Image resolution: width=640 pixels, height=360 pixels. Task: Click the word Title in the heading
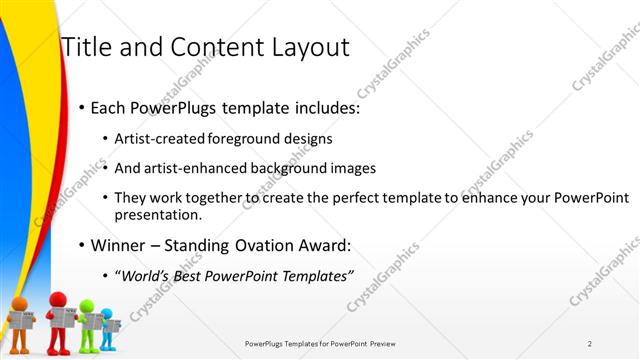tap(85, 47)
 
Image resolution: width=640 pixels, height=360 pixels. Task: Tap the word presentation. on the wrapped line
tap(158, 214)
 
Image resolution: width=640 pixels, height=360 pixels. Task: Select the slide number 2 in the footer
tap(590, 343)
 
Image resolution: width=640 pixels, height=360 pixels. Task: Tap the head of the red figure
tap(58, 299)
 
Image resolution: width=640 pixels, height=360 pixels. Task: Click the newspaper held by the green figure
tap(92, 321)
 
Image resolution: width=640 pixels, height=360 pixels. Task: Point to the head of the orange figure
tap(21, 304)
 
